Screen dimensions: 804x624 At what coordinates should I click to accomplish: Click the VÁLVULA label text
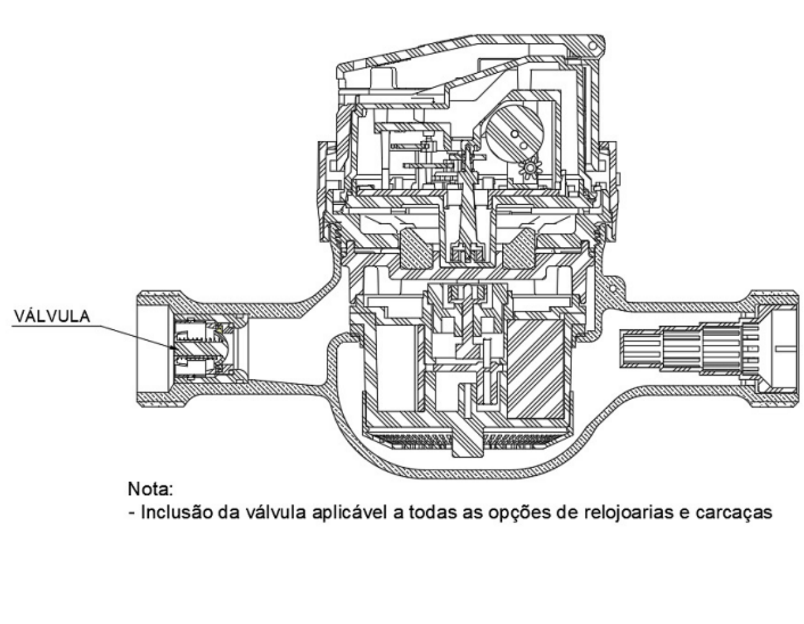[x=52, y=316]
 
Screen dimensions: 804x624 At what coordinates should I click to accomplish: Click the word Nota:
[x=150, y=489]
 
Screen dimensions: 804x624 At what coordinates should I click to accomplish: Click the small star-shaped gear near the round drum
[x=530, y=168]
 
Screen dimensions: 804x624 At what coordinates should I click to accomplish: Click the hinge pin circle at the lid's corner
[x=592, y=47]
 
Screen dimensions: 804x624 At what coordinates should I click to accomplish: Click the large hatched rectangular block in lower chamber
[x=535, y=369]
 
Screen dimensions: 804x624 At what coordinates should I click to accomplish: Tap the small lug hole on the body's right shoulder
[x=612, y=288]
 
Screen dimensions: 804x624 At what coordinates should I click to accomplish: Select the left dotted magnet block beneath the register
[x=417, y=249]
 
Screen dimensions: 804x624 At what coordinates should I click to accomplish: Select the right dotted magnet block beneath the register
[x=520, y=249]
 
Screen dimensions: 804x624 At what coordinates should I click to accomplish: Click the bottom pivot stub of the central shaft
[x=468, y=445]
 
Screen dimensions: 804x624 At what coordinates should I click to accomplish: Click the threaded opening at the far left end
[x=154, y=348]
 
